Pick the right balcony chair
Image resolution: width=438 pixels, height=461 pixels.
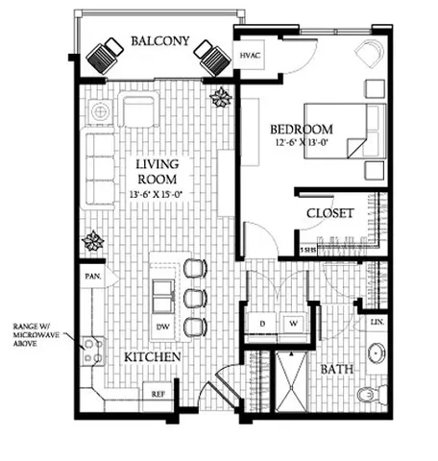[212, 60]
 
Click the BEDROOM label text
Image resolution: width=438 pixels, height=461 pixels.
[301, 130]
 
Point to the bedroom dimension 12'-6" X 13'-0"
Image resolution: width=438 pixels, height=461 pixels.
[301, 145]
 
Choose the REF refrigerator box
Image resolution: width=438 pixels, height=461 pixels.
[158, 392]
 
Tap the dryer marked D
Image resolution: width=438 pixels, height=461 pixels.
[261, 324]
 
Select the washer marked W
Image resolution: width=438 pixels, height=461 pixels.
[291, 324]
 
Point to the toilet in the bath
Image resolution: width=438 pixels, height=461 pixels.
[370, 394]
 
